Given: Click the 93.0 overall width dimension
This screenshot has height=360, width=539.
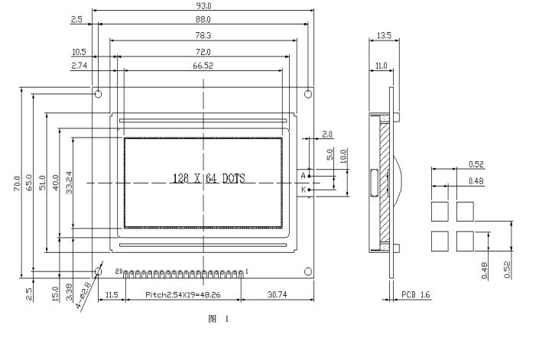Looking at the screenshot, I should [203, 5].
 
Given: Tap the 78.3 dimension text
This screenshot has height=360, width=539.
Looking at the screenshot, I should [203, 36].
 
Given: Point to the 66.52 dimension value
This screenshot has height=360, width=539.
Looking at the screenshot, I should [203, 66].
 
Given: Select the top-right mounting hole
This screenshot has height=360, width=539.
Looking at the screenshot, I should [308, 94].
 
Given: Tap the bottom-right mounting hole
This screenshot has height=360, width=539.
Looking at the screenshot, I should [308, 271].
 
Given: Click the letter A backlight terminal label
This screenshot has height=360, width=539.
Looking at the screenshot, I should [302, 176].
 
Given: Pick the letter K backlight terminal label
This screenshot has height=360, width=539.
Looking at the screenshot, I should [302, 189].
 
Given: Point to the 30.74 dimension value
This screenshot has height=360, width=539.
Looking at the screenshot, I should [278, 294].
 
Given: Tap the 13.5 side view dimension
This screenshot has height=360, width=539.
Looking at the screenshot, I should [384, 35].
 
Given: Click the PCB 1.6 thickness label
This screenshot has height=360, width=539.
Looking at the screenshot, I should [415, 294].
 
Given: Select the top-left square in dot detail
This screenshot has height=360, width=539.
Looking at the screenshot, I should [439, 211].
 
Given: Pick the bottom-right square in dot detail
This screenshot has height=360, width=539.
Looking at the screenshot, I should [465, 240].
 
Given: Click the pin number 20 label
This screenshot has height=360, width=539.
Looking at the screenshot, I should [119, 271].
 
